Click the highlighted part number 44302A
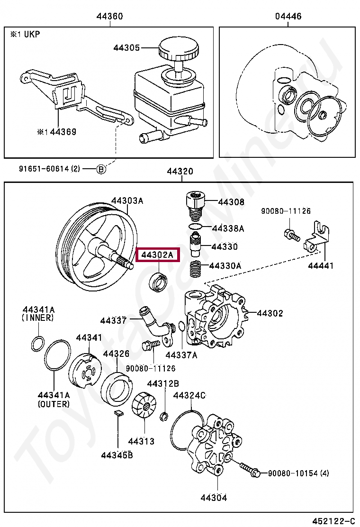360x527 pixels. coord(158,255)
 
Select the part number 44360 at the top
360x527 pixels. coord(109,17)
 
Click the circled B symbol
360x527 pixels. coord(100,168)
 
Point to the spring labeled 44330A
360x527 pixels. coord(196,271)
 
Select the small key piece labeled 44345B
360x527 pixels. coord(119,413)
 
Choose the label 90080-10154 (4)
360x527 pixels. coord(298,473)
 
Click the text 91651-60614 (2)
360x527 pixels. coord(50,168)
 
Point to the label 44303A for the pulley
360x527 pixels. coord(127,200)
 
